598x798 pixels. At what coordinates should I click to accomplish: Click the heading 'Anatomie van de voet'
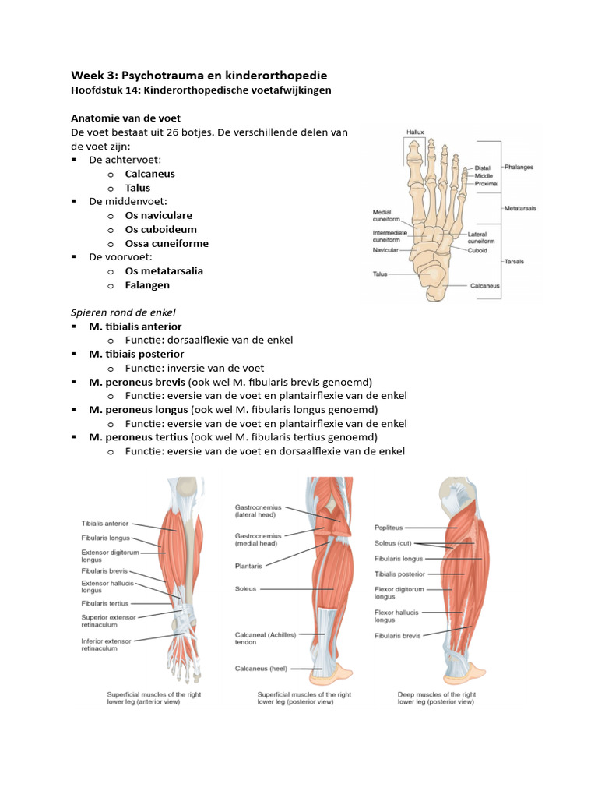[125, 118]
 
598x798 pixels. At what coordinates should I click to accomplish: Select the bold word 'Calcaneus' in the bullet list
[149, 174]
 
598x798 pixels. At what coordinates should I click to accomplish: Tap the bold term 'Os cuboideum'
[160, 229]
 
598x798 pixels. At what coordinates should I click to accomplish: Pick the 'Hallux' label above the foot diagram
[415, 133]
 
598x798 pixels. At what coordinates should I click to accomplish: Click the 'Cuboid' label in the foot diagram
[477, 251]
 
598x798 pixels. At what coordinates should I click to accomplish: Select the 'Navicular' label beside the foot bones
[386, 251]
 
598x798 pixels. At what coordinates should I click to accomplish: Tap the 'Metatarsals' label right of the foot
[520, 208]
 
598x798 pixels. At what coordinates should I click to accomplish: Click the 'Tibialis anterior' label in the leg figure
[105, 524]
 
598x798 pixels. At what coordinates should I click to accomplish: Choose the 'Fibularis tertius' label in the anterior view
[105, 603]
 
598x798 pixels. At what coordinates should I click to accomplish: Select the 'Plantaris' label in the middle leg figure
[248, 566]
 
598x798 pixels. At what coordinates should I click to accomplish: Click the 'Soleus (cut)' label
[394, 543]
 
